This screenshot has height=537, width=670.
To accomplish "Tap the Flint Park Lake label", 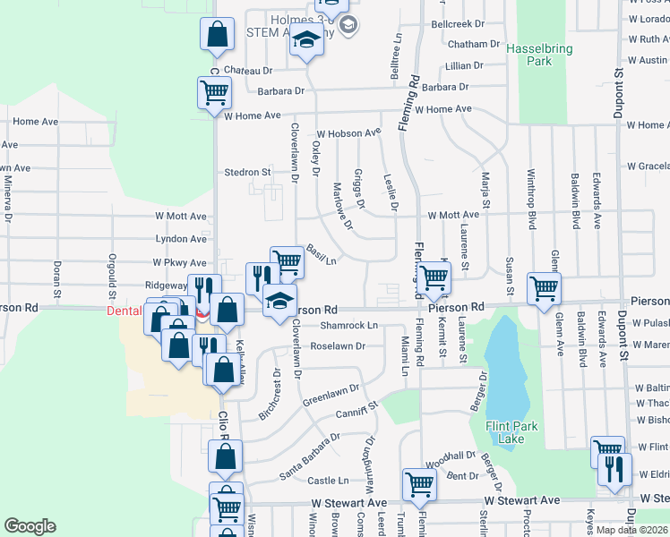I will coord(511,432).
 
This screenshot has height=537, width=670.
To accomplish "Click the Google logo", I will coord(30,525).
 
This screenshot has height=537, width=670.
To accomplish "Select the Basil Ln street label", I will coord(321,254).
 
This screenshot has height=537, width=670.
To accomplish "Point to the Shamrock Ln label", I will coord(349,326).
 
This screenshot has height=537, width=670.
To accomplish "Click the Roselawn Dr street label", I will coord(339,345).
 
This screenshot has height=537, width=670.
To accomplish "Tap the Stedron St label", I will coord(247,172).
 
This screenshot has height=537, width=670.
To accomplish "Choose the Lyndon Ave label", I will coord(181,239).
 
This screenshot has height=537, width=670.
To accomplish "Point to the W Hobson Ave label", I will coord(348,133).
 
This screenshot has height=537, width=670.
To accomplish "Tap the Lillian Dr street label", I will coord(463,66).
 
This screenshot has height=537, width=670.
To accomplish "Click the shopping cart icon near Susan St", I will coord(544,288).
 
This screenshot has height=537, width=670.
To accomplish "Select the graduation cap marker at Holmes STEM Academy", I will coord(307,41).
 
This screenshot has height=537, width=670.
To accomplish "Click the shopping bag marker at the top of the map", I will coord(217,35).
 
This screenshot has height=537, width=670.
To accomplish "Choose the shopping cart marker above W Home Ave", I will coord(215,91).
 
